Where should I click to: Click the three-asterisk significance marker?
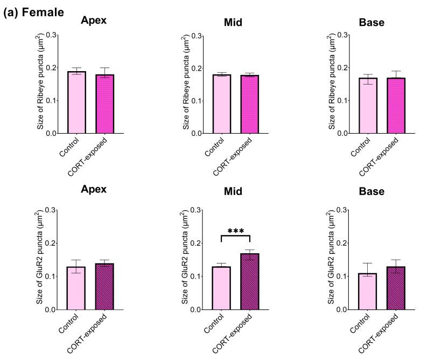click(236, 231)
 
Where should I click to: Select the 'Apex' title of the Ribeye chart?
click(93, 21)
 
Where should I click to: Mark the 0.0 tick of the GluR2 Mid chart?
click(197, 310)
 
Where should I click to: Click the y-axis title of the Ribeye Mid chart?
click(186, 84)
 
